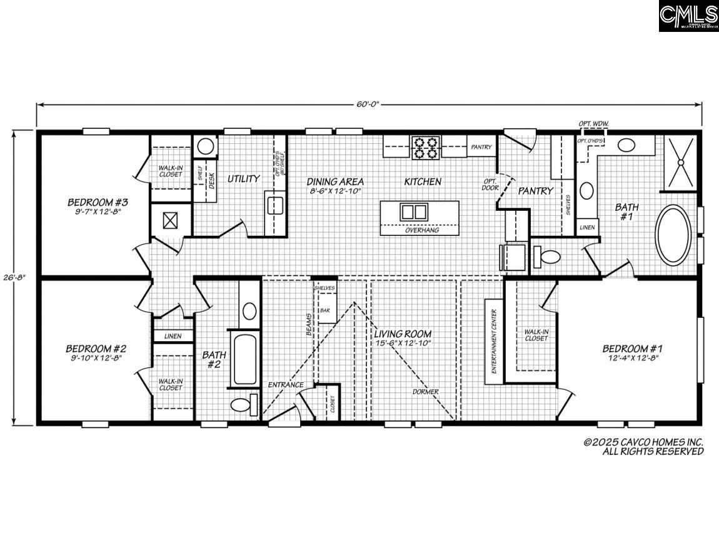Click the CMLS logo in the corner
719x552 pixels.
688,16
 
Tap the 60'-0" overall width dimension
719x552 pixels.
368,103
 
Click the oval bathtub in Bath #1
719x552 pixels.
673,234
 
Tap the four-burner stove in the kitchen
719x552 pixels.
426,147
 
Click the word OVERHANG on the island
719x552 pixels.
421,230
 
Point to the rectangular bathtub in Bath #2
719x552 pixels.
244,360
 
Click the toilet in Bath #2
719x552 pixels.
243,404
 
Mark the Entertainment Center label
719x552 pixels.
493,342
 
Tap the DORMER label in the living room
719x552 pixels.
425,392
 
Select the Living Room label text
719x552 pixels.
403,334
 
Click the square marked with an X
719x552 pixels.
171,220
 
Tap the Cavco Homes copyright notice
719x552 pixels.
643,446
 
